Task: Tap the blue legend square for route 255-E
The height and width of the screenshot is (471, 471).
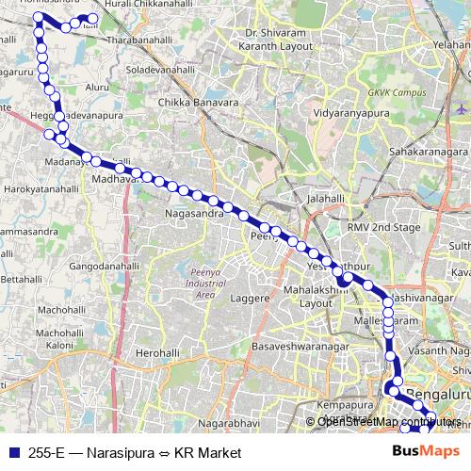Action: point(14,453)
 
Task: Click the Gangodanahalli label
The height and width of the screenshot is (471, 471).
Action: point(103,266)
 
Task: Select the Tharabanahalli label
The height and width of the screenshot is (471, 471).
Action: point(141,42)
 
